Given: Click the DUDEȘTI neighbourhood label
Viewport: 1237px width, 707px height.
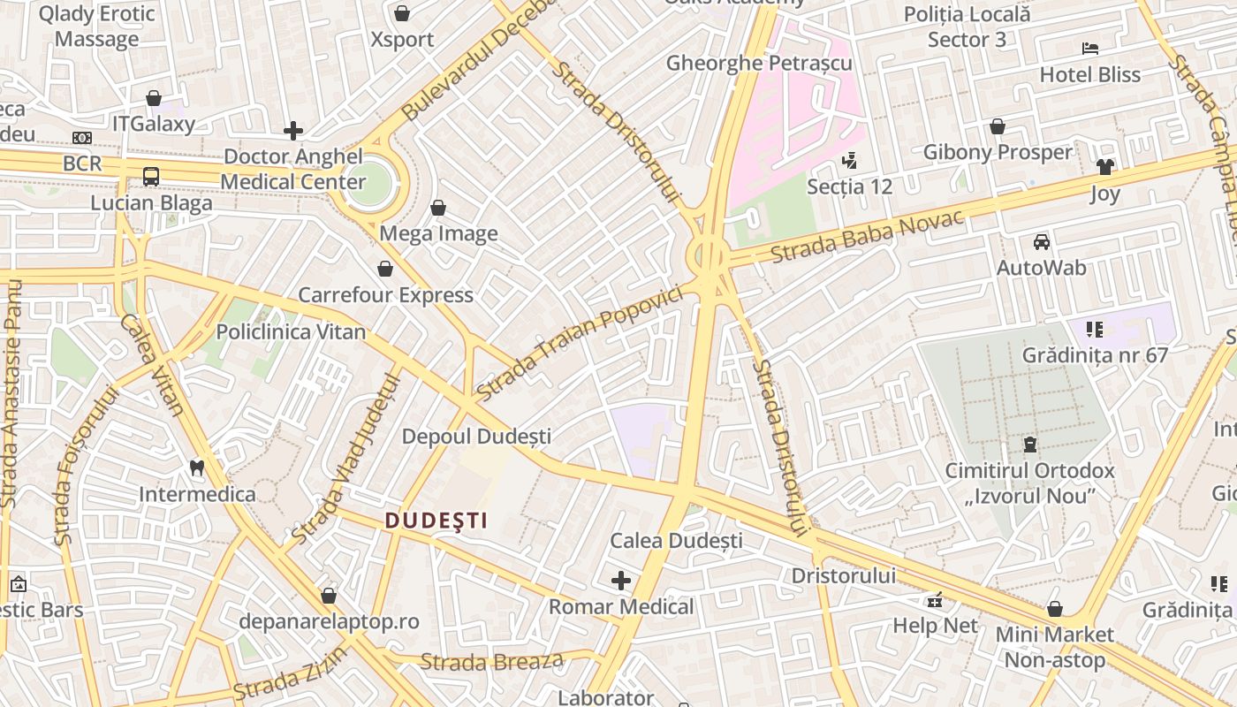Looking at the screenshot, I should coord(436,521).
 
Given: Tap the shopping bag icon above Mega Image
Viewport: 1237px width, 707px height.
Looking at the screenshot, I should coord(437,209).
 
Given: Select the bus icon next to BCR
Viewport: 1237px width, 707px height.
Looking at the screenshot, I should coord(151,176).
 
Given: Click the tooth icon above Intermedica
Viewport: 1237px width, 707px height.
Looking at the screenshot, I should coord(197,468).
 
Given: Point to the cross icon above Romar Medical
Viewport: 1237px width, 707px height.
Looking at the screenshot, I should coord(621,581).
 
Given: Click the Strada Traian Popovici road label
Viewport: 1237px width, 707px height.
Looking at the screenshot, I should coord(580,342).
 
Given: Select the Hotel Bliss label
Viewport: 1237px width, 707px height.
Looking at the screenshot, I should coord(1090,74).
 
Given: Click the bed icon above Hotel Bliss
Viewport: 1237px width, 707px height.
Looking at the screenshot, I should coord(1090,49).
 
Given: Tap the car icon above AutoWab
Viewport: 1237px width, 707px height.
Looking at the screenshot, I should coord(1042,242).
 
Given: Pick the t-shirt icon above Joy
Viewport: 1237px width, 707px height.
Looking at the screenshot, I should coord(1104,167).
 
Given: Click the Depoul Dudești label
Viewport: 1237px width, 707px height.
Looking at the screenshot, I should coord(476,436).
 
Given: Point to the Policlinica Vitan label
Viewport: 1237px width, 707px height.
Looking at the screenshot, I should coord(291,331).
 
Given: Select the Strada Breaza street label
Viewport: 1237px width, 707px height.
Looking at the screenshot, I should coord(491,661).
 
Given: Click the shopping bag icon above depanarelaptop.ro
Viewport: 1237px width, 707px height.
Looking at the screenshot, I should coord(329,597).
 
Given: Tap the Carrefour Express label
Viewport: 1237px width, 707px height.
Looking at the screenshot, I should coord(385,294).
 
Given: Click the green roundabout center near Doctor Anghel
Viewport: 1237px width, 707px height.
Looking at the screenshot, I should coord(369,183).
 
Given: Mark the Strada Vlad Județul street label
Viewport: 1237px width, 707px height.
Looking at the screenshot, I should coord(346,460).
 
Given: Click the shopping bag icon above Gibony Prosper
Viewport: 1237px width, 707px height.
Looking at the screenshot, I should coord(998,127).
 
